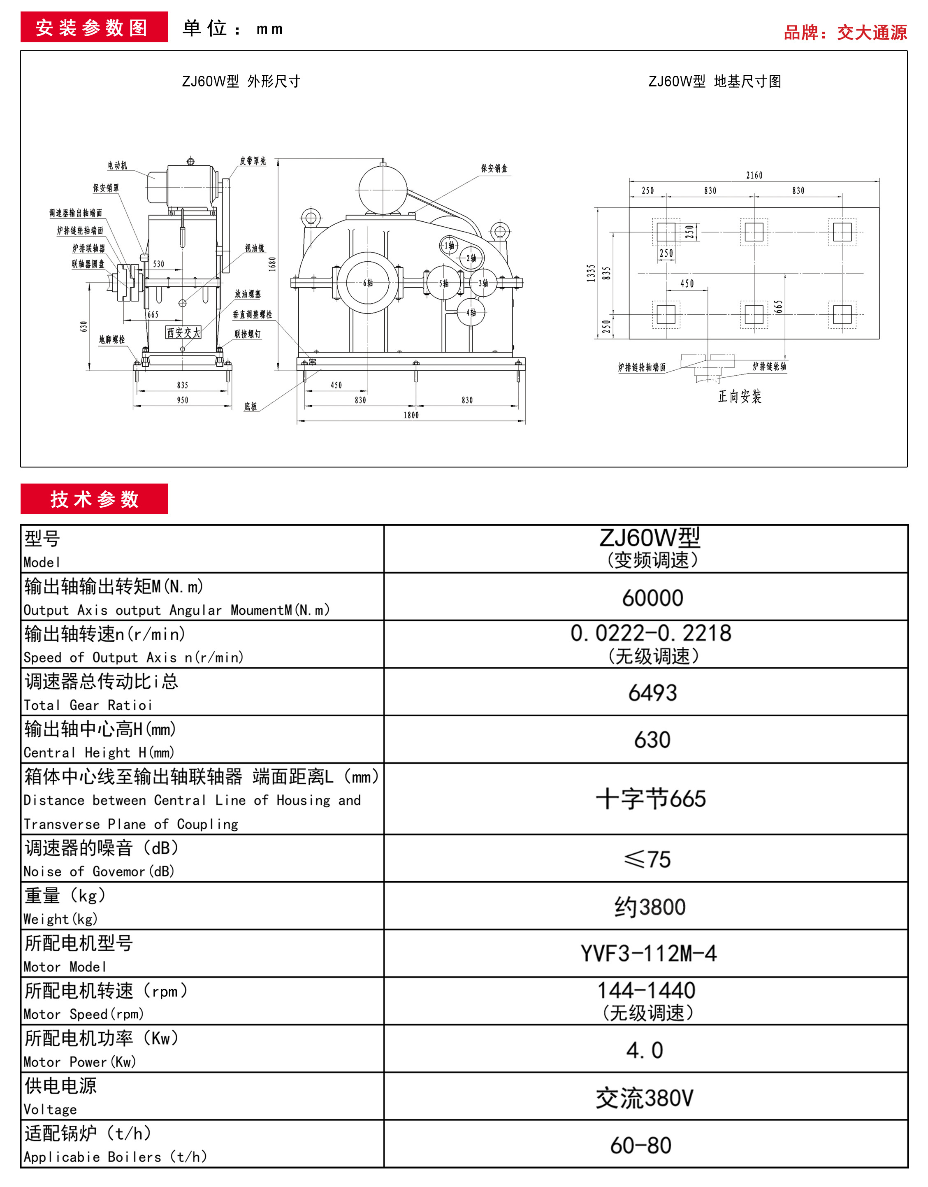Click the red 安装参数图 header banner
[x=94, y=27]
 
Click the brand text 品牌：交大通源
[x=845, y=33]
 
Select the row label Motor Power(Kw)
[x=79, y=1062]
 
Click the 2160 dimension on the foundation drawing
[x=754, y=175]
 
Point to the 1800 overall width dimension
[x=411, y=415]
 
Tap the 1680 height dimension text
[x=272, y=264]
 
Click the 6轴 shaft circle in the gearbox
[x=368, y=283]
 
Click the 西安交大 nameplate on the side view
[x=183, y=332]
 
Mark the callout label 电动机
[x=117, y=165]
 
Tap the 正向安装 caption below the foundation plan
[x=740, y=396]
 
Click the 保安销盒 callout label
[x=494, y=169]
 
